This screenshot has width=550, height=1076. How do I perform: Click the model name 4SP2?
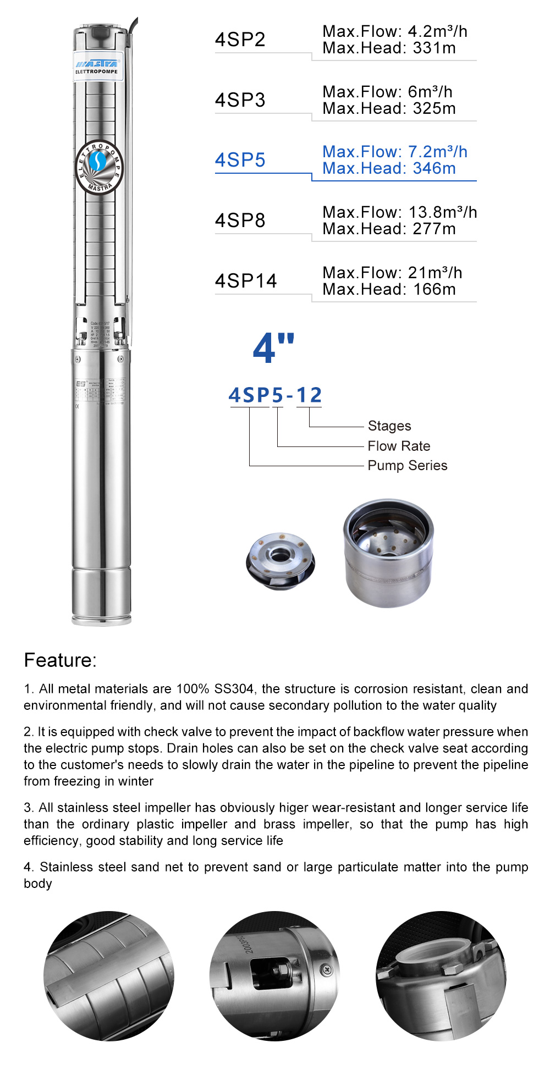tap(240, 40)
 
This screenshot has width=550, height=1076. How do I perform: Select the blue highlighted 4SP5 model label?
tap(240, 160)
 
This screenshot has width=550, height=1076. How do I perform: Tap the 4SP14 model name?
tap(246, 281)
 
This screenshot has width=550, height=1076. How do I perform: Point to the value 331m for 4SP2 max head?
tap(435, 48)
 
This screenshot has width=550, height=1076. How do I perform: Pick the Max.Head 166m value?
tap(435, 290)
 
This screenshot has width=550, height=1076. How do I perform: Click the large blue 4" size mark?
tap(273, 348)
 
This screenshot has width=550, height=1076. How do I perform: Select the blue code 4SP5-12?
tap(275, 395)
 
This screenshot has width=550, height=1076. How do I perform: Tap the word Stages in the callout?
tap(389, 426)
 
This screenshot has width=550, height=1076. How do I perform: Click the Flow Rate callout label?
tap(399, 446)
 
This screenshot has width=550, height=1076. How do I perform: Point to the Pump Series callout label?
tap(407, 466)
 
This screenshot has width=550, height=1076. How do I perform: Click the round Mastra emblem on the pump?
tap(100, 167)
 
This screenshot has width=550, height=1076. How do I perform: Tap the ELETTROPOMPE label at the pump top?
tap(96, 71)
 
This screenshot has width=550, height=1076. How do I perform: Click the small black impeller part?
tap(280, 561)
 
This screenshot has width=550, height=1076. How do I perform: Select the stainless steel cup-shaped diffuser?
tap(388, 553)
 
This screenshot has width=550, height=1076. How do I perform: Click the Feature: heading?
tap(60, 660)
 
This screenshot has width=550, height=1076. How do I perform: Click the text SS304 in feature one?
tap(234, 689)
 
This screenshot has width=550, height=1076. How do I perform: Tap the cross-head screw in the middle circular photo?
tap(327, 970)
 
